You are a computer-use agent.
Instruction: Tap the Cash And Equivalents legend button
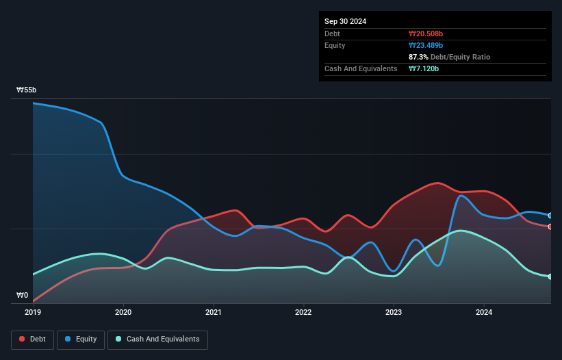(157, 339)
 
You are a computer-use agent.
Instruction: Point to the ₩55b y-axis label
(27, 90)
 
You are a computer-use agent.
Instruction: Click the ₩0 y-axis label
(23, 296)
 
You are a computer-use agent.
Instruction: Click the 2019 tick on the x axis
(33, 313)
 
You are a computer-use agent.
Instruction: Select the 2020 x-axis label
(123, 313)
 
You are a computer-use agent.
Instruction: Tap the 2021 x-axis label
(214, 313)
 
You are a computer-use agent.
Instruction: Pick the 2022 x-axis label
(303, 313)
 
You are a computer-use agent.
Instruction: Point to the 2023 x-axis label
(394, 313)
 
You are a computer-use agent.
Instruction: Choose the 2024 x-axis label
(484, 313)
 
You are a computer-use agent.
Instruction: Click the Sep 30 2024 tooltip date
(345, 21)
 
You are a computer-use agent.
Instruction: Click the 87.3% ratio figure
(420, 57)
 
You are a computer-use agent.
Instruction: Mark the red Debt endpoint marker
(550, 227)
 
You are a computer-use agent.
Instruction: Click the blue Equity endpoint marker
(550, 216)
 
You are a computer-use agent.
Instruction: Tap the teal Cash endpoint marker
(550, 277)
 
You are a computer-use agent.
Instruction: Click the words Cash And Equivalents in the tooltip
(361, 68)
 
